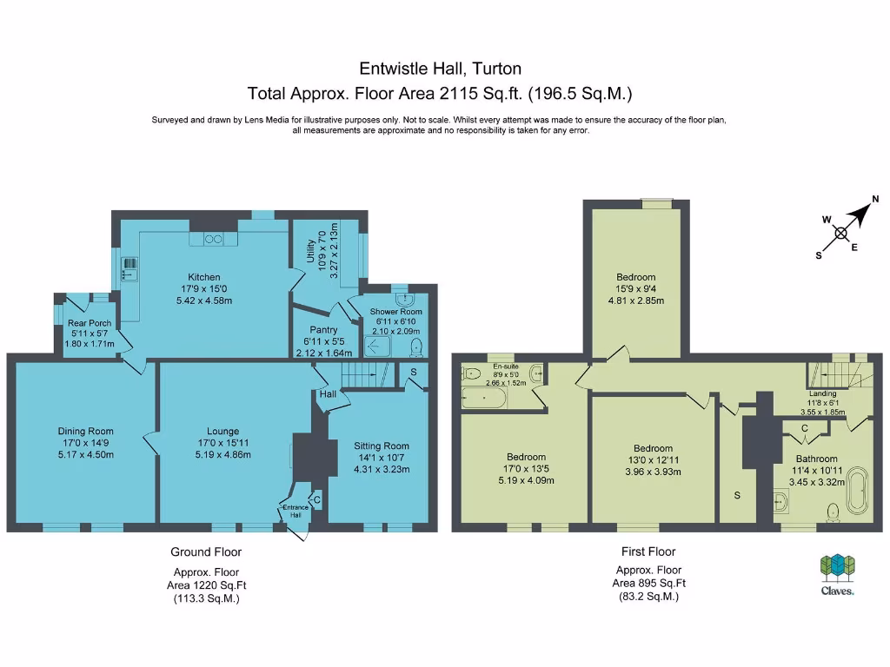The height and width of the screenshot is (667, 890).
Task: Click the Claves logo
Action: pos(837,575)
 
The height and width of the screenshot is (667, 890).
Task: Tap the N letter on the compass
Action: pos(875,199)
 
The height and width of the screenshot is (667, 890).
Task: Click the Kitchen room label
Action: pos(203,277)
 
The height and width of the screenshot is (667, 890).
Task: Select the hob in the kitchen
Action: pos(214,240)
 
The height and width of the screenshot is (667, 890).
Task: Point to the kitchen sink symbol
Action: pos(130,269)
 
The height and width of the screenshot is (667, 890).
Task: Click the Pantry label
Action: pos(323,329)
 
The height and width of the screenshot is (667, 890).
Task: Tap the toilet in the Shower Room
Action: pos(416,347)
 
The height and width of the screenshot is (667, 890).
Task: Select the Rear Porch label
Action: pos(90,323)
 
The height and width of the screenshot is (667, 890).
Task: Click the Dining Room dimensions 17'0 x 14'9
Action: pos(86,443)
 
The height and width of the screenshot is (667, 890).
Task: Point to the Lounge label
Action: pos(223,431)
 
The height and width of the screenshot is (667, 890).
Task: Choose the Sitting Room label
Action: pos(382,446)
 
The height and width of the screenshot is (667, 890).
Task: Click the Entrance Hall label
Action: pos(296,511)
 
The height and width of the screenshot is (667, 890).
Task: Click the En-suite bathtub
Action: pos(483,398)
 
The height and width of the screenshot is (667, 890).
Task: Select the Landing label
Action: pos(822,393)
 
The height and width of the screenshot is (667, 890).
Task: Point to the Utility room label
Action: pos(310,251)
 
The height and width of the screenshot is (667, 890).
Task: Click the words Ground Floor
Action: pos(206,551)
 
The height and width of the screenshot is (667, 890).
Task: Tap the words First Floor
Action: pos(648,551)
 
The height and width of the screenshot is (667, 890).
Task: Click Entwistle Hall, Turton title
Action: pos(440,69)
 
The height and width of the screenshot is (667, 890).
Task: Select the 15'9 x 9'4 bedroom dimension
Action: pos(635,288)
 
